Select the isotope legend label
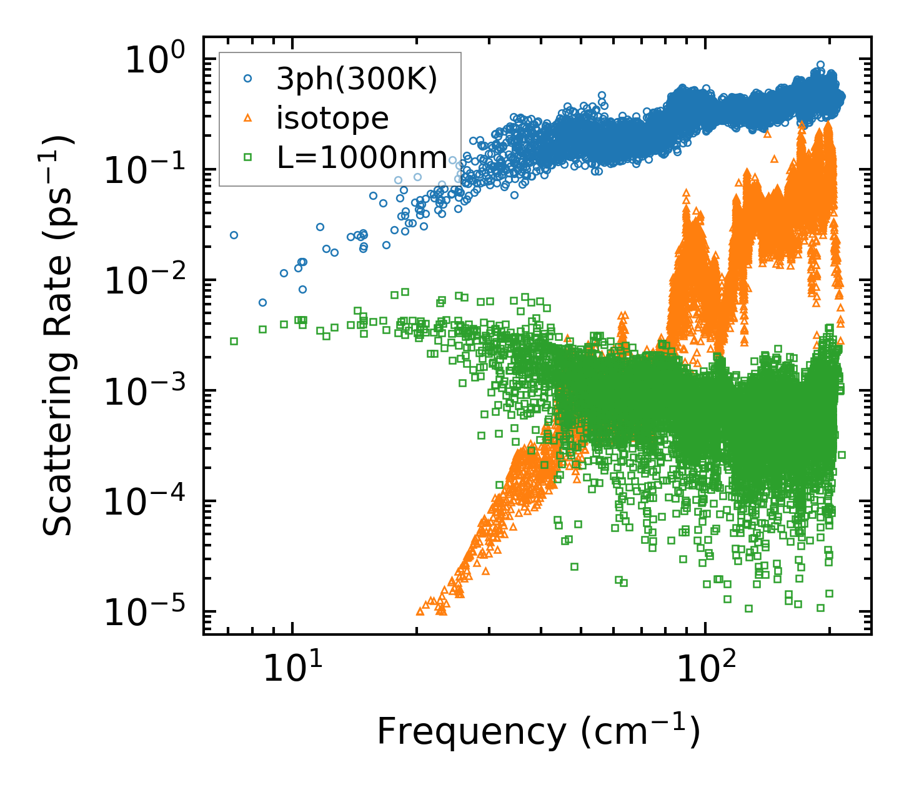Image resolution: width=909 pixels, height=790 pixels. pos(332,118)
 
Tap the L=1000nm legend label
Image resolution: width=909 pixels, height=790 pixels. pos(362,158)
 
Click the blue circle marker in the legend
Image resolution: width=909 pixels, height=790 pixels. pos(248,79)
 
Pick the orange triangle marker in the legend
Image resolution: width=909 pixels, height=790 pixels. pos(248,117)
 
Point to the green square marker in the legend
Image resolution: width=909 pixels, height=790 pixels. pos(248,157)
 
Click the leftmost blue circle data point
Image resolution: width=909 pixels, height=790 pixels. pos(234,235)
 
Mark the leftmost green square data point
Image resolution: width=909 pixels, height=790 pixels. pos(234,341)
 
